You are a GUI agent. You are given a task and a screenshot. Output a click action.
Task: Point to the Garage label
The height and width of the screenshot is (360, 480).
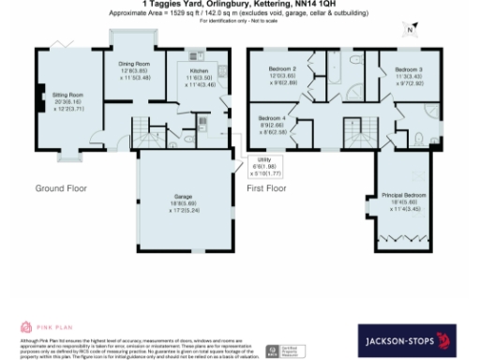point(182,197)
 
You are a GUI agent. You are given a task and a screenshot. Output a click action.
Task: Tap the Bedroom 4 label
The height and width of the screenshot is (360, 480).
point(272,117)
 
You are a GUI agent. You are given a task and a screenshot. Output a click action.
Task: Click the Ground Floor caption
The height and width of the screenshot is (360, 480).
point(61,188)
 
